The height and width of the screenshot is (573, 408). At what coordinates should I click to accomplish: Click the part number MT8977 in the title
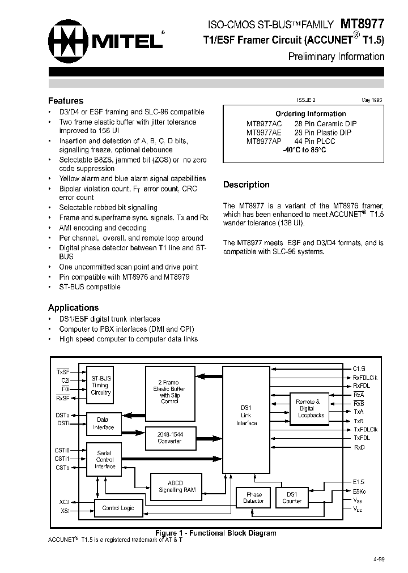(362, 24)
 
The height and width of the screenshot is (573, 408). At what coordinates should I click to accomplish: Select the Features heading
(66, 101)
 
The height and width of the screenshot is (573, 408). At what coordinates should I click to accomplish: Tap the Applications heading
(73, 307)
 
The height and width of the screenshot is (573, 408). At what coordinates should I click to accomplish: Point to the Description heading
(246, 185)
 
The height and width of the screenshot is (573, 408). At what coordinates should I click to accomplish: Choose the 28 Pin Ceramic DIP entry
(325, 123)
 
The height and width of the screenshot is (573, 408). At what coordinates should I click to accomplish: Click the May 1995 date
(372, 100)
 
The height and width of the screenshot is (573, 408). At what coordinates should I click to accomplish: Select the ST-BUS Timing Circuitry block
(101, 385)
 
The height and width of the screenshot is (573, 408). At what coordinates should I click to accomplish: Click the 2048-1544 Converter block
(169, 437)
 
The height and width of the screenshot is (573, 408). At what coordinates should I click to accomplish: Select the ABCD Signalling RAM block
(177, 486)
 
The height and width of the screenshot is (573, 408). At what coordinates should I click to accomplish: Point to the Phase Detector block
(253, 497)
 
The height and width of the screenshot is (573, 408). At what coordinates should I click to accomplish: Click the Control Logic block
(118, 508)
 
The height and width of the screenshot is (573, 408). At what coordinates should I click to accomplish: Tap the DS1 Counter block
(292, 497)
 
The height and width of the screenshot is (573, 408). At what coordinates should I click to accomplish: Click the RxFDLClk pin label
(365, 377)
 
